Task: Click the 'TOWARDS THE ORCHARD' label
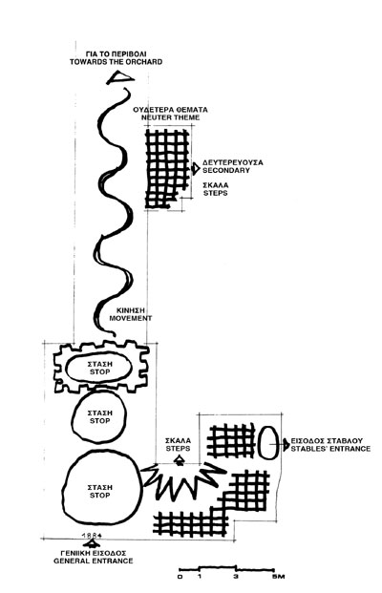(x=117, y=62)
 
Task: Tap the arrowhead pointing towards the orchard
(x=120, y=78)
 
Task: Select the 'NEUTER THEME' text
(x=171, y=117)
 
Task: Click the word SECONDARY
(x=226, y=170)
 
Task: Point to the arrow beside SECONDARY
(x=196, y=168)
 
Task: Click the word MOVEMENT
(x=131, y=318)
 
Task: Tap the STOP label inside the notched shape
(x=100, y=371)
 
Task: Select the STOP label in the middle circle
(x=100, y=420)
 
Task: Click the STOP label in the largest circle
(x=100, y=495)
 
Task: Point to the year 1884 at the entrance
(x=92, y=535)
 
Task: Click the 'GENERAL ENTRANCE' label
(x=94, y=561)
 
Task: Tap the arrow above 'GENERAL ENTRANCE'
(x=91, y=543)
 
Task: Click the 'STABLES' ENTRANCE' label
(x=330, y=449)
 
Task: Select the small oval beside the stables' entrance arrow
(x=268, y=442)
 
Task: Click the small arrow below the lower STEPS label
(x=180, y=460)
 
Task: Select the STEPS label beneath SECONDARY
(x=216, y=193)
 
